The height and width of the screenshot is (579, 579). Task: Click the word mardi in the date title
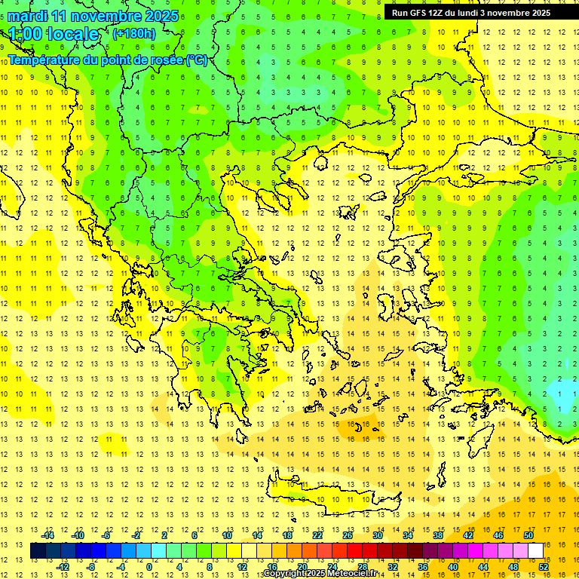tap(28, 16)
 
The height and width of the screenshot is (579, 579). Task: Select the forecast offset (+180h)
tap(134, 33)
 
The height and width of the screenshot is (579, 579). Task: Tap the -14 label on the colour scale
tap(47, 535)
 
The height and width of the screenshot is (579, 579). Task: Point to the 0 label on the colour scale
tap(149, 567)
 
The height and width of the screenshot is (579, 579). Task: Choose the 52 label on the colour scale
tap(544, 567)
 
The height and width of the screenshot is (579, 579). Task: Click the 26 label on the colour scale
tap(348, 535)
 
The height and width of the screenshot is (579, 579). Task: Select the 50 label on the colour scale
tap(528, 535)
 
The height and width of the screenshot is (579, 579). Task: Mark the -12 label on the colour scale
tap(63, 567)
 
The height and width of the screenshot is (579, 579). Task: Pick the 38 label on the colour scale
tap(437, 535)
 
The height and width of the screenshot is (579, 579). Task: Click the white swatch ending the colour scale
tap(536, 551)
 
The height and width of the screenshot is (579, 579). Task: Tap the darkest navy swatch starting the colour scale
tap(38, 551)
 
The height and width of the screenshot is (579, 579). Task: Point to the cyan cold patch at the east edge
tap(564, 393)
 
